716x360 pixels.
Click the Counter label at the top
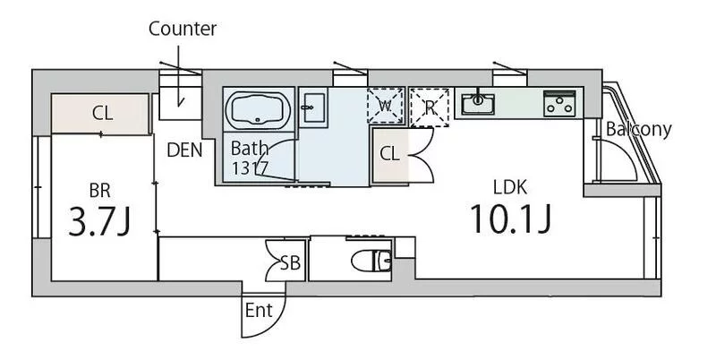pos(183,29)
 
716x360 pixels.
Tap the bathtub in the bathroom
pos(259,108)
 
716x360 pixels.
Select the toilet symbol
pos(371,261)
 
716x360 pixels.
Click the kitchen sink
pos(478,104)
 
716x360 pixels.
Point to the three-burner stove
pos(559,103)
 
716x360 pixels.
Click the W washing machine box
pos(386,106)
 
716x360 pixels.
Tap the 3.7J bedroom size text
pos(99,220)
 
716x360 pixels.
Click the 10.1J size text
pos(510,219)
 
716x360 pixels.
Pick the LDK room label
pos(510,187)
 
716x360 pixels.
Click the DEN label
pos(184,150)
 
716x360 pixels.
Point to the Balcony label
pos(638,129)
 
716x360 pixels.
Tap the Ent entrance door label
pos(259,311)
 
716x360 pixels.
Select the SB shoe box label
pos(290,263)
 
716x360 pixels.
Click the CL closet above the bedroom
pos(102,113)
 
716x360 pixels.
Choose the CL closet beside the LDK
pos(389,154)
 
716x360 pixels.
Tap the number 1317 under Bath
pos(250,168)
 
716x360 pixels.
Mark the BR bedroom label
pos(99,191)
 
